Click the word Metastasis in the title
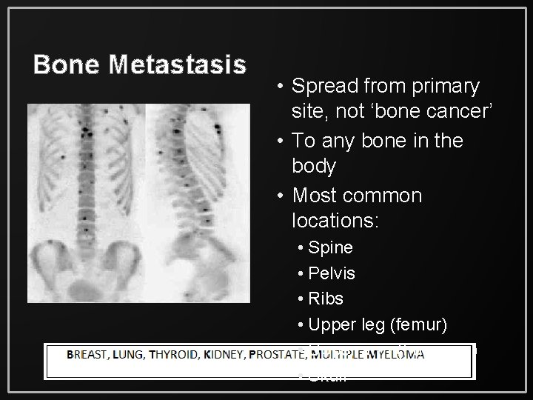[x=178, y=65]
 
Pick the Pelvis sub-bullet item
[x=332, y=273]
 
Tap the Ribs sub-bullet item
[x=326, y=299]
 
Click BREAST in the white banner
[x=90, y=356]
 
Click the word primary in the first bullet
[x=445, y=87]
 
